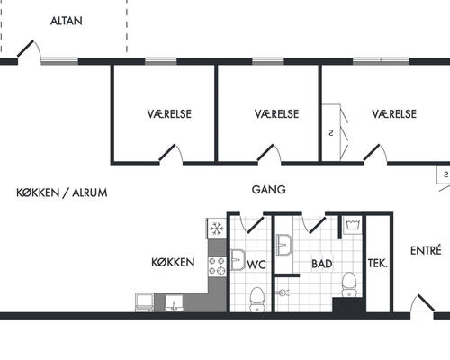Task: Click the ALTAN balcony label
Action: [67, 21]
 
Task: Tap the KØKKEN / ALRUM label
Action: [62, 193]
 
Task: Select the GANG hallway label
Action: [268, 190]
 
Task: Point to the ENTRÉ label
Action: [426, 250]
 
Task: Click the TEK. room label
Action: [378, 264]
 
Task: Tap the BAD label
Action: [322, 264]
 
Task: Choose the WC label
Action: [256, 265]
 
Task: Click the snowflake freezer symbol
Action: [217, 229]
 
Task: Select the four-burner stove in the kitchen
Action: [217, 266]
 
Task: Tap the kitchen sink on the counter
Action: [174, 303]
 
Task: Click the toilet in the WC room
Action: [256, 299]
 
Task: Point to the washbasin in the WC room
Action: [238, 260]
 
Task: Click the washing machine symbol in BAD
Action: [352, 226]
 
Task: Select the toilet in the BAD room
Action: [349, 284]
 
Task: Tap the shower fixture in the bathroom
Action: [283, 292]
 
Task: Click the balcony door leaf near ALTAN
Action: [25, 49]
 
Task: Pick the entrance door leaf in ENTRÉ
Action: [426, 302]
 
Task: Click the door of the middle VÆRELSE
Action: [265, 153]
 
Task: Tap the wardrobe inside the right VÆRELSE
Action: [331, 132]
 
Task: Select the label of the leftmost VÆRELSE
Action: [169, 114]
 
